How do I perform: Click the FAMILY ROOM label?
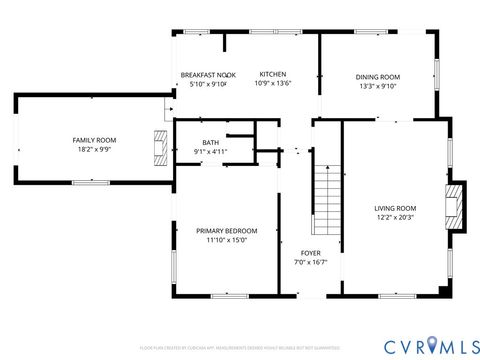(x=94, y=139)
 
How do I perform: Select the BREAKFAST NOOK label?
(x=208, y=75)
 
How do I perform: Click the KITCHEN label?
(x=273, y=74)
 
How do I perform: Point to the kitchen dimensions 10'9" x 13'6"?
(x=273, y=84)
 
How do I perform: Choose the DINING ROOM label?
(x=377, y=77)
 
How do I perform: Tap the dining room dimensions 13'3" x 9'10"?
(x=377, y=86)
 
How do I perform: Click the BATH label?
(x=210, y=143)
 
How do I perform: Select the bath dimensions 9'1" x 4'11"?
(x=210, y=152)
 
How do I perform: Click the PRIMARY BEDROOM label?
(x=226, y=230)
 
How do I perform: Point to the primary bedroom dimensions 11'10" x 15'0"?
(x=226, y=240)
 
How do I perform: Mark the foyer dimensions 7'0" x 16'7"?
(x=310, y=262)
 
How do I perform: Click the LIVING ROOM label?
(x=395, y=208)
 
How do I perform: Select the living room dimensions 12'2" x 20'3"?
(x=395, y=217)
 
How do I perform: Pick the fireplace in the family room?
(x=160, y=147)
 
